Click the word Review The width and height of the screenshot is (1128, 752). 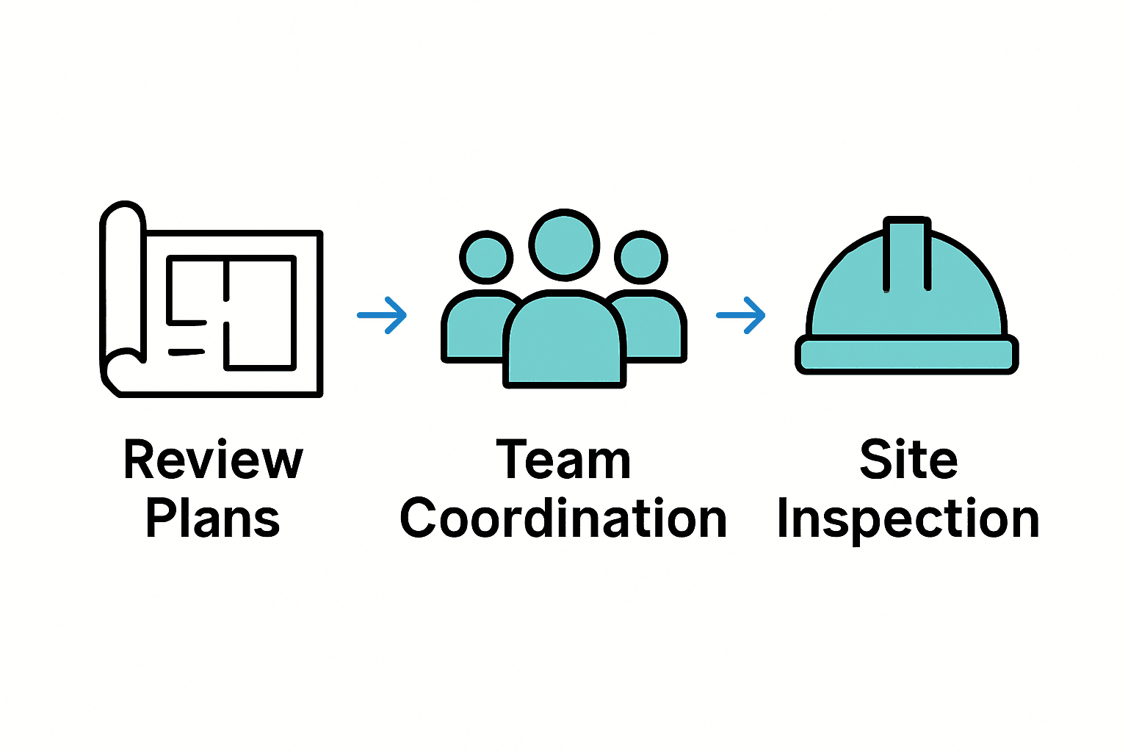coord(213,460)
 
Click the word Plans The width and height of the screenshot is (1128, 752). coord(213,518)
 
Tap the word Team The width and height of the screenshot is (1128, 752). coord(563,460)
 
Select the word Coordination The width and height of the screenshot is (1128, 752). coord(563,518)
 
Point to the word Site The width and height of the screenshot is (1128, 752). coord(908,460)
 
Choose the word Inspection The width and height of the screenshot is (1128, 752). coord(908,520)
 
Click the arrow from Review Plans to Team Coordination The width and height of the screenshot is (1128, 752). coord(382,316)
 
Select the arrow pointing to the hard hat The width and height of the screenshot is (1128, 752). coord(741,316)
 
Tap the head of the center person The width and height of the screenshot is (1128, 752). coord(564,245)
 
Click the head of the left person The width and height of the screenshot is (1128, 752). coord(486,257)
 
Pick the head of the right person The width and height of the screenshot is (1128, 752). coord(641,257)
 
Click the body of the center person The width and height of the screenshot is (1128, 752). coord(564,341)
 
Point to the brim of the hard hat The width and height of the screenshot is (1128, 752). coord(907,355)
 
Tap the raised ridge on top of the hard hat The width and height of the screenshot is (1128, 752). coord(908,253)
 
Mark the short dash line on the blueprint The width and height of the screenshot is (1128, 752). coord(187,352)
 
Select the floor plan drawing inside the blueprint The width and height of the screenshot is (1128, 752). coord(231,312)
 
